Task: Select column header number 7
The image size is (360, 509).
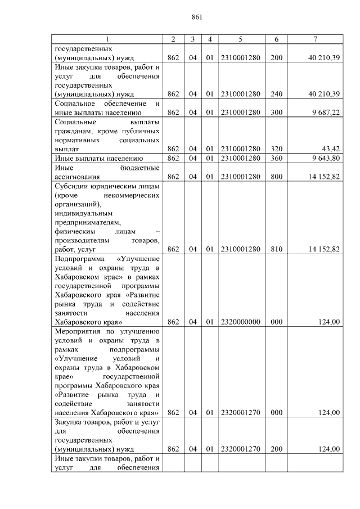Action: click(x=315, y=39)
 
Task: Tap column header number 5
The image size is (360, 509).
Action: click(x=240, y=39)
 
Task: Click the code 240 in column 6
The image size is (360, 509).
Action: click(x=276, y=94)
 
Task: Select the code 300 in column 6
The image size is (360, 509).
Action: click(x=276, y=112)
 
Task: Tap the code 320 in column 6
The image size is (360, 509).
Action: click(x=276, y=149)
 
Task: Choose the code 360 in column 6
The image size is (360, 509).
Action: click(x=276, y=158)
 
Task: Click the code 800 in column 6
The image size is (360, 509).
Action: click(x=276, y=177)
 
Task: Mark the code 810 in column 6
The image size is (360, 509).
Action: click(x=276, y=249)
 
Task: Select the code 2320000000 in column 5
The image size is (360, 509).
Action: click(x=240, y=322)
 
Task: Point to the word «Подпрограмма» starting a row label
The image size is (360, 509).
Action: click(x=79, y=259)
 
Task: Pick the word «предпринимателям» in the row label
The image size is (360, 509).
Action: click(x=87, y=222)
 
